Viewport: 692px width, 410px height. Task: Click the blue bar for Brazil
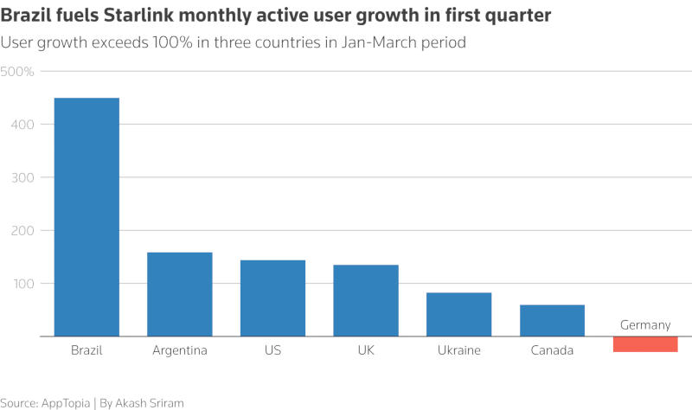pyautogui.click(x=86, y=217)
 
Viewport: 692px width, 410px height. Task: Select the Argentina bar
pyautogui.click(x=180, y=294)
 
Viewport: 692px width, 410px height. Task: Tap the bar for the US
pyautogui.click(x=273, y=298)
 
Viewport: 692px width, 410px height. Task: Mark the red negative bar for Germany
pyautogui.click(x=645, y=344)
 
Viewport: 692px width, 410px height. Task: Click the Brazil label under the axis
pyautogui.click(x=86, y=350)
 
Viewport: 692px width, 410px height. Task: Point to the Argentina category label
pyautogui.click(x=180, y=350)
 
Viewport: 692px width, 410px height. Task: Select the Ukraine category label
pyautogui.click(x=459, y=350)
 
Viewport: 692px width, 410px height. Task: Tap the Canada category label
pyautogui.click(x=552, y=350)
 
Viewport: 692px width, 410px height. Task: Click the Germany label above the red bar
pyautogui.click(x=645, y=325)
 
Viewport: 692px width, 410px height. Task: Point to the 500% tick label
pyautogui.click(x=17, y=71)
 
